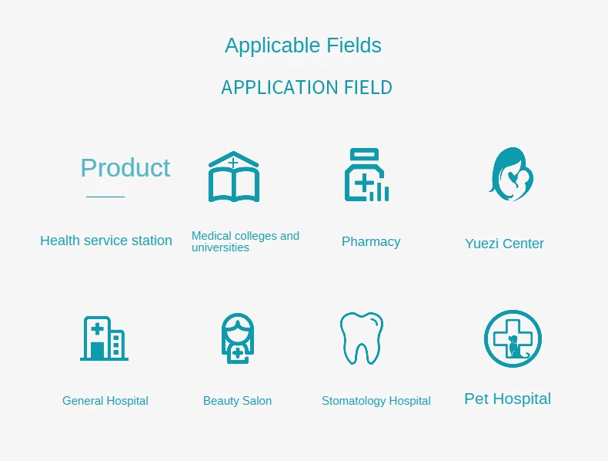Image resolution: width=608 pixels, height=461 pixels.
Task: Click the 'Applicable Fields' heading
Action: point(303,45)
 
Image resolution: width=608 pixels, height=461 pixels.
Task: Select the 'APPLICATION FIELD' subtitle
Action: point(307,87)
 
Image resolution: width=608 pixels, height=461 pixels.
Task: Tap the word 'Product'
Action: point(125,168)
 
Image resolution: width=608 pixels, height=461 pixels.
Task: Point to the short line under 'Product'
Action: point(105,197)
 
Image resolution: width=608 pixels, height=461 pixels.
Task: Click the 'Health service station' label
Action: point(106,241)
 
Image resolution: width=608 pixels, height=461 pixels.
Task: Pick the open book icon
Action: point(234,177)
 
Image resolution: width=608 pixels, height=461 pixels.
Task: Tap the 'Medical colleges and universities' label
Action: point(246,241)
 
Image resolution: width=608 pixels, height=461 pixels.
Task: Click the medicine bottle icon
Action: point(366,175)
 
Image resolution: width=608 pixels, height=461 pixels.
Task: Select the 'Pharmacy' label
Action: point(371,241)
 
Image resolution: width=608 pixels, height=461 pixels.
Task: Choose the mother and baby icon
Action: point(511,174)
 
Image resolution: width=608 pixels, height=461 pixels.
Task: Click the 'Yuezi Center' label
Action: point(504,244)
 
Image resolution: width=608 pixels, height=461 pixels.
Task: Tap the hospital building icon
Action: point(104,338)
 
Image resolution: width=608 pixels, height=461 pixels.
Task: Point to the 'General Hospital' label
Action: point(105,401)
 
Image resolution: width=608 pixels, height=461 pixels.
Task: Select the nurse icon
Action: point(238,338)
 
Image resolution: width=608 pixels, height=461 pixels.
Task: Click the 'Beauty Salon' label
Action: point(237,401)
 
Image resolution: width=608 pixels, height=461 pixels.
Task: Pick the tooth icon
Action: point(362,338)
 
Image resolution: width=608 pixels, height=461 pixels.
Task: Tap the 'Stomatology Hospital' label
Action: point(376,401)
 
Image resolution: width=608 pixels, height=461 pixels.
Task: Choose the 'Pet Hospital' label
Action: point(508,399)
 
